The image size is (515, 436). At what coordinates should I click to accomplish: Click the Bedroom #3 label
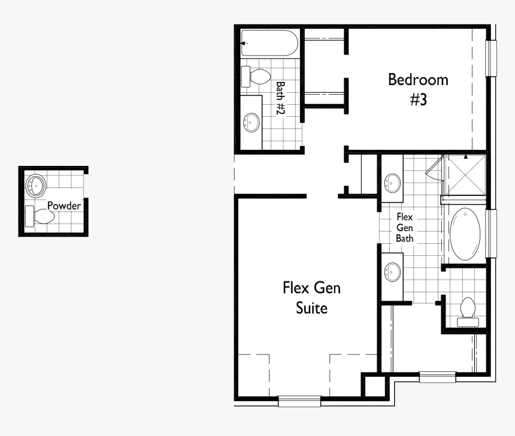[417, 89]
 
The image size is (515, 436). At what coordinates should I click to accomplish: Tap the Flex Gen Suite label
[311, 298]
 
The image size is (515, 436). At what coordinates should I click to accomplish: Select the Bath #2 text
[280, 99]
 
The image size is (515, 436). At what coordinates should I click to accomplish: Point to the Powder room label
[64, 205]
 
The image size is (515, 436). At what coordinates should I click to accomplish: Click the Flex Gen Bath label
[405, 227]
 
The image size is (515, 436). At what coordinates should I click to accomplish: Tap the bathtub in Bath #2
[269, 44]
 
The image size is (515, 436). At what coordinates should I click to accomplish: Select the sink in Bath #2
[252, 123]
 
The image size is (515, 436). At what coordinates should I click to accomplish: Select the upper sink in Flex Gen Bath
[393, 181]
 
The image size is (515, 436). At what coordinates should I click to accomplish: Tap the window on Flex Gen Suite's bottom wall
[299, 401]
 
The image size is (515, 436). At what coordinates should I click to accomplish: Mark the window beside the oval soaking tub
[491, 233]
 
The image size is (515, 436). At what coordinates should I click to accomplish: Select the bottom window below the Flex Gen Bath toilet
[437, 377]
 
